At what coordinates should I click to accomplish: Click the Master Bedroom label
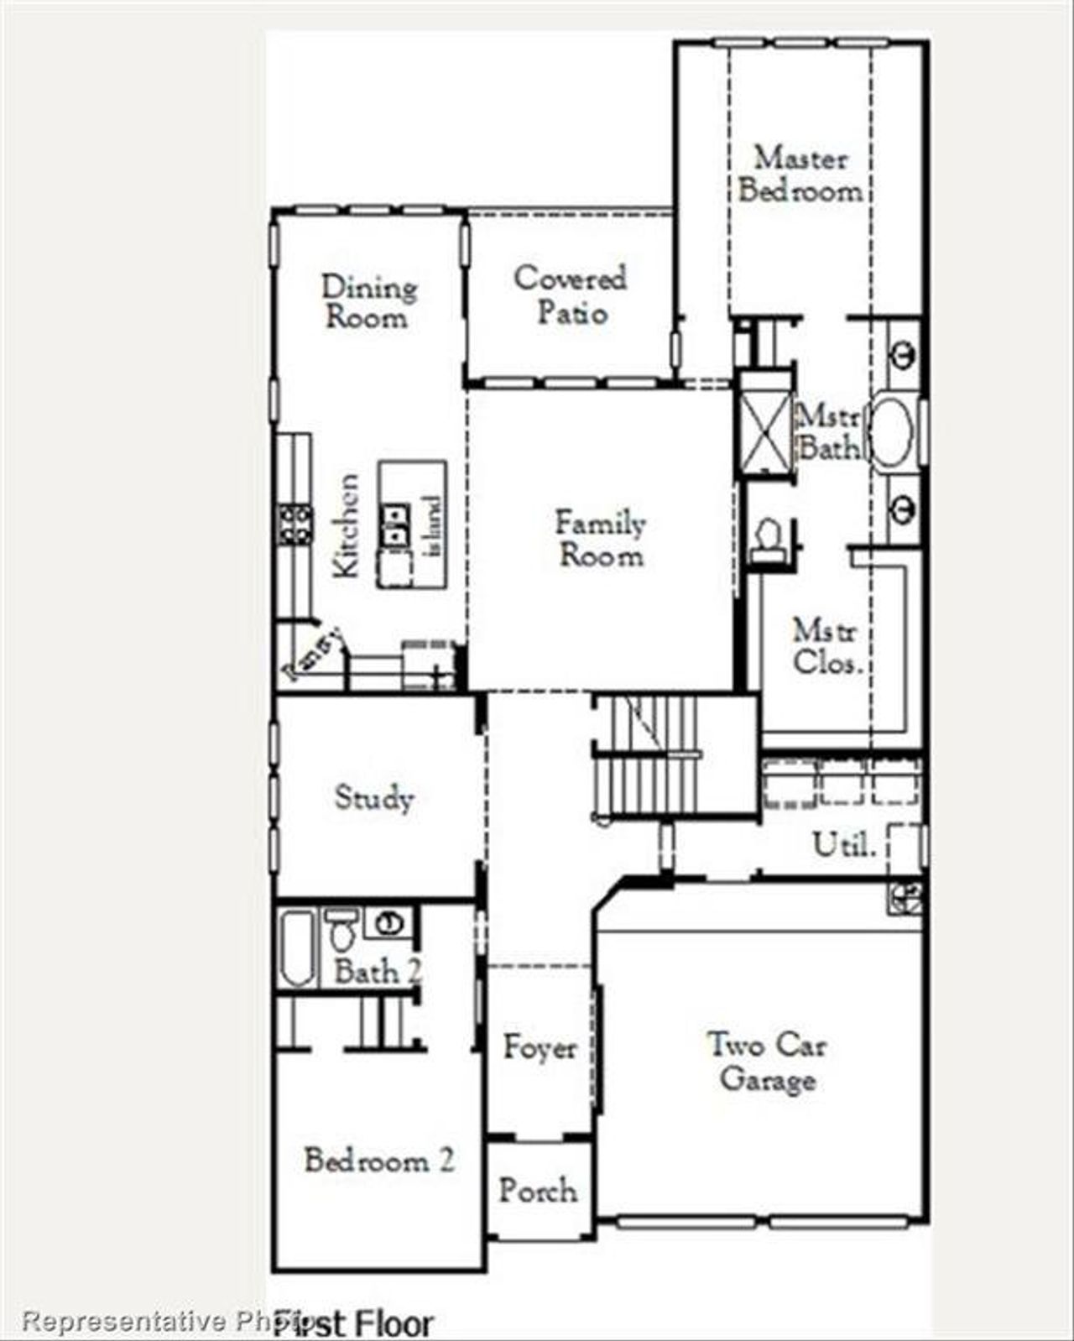pos(800,175)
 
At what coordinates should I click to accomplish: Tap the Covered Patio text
pos(571,295)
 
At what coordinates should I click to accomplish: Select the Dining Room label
pos(368,302)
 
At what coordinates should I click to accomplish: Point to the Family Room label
pos(600,539)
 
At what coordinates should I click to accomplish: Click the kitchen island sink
pos(394,525)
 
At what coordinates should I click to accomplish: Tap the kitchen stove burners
pos(295,524)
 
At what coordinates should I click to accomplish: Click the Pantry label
pos(313,654)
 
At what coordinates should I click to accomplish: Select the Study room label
pos(373,797)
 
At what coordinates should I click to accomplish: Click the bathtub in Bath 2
pos(296,948)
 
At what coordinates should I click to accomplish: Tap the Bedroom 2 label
pos(378,1161)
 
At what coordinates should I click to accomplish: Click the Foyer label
pos(540,1047)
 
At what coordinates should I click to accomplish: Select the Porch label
pos(537,1190)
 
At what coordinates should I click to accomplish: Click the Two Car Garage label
pos(766,1062)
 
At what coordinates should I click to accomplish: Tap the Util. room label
pos(843,844)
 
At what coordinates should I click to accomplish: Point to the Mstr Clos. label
pos(826,646)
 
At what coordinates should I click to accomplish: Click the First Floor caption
pos(352,1323)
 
